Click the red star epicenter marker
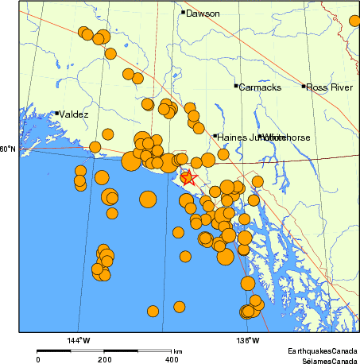click(188, 177)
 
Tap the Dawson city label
click(203, 13)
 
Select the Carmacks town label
click(260, 87)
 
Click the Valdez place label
click(74, 114)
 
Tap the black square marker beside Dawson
click(183, 12)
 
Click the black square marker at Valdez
click(57, 113)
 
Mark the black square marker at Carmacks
click(236, 86)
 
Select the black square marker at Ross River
click(304, 86)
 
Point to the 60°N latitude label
click(8, 149)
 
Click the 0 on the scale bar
click(37, 358)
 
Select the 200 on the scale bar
click(105, 358)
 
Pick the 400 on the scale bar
click(172, 358)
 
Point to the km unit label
click(178, 350)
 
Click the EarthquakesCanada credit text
click(323, 350)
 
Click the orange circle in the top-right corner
click(354, 21)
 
